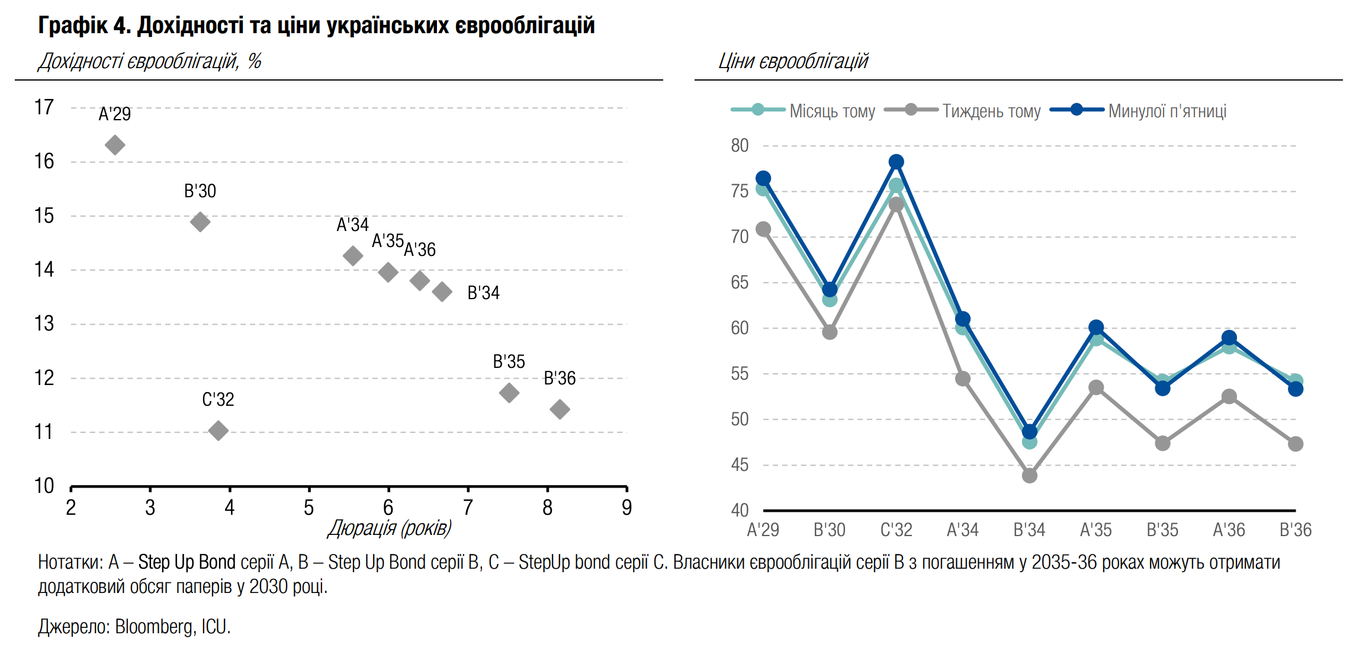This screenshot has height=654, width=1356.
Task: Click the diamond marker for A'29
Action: pyautogui.click(x=115, y=145)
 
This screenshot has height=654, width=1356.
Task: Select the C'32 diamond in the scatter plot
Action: pyautogui.click(x=218, y=430)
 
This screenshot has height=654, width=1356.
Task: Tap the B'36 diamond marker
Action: pyautogui.click(x=560, y=409)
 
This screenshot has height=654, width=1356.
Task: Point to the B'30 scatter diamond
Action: pyautogui.click(x=200, y=222)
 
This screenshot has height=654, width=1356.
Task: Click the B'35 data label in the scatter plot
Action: pyautogui.click(x=509, y=361)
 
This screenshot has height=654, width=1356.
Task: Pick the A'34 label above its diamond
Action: pyautogui.click(x=352, y=225)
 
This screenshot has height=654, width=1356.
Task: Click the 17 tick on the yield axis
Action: pyautogui.click(x=44, y=108)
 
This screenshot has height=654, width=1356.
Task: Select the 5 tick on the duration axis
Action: pyautogui.click(x=309, y=508)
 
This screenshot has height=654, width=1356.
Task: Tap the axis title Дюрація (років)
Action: pyautogui.click(x=390, y=528)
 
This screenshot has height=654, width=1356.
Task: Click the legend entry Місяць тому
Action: pyautogui.click(x=832, y=111)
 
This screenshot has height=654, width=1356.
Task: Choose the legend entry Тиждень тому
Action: pyautogui.click(x=991, y=111)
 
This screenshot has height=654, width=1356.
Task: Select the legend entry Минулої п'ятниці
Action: pyautogui.click(x=1167, y=111)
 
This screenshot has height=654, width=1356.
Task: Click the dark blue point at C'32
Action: pyautogui.click(x=896, y=162)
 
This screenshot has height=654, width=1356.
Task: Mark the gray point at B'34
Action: pyautogui.click(x=1029, y=475)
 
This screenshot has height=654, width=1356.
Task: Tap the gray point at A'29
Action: pyautogui.click(x=763, y=229)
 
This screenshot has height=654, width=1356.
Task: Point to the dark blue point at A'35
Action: pyautogui.click(x=1096, y=327)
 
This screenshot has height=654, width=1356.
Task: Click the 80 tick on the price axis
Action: pyautogui.click(x=740, y=146)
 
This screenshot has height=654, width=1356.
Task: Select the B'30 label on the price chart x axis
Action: pyautogui.click(x=829, y=530)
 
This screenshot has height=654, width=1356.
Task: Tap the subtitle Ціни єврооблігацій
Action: pyautogui.click(x=793, y=62)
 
